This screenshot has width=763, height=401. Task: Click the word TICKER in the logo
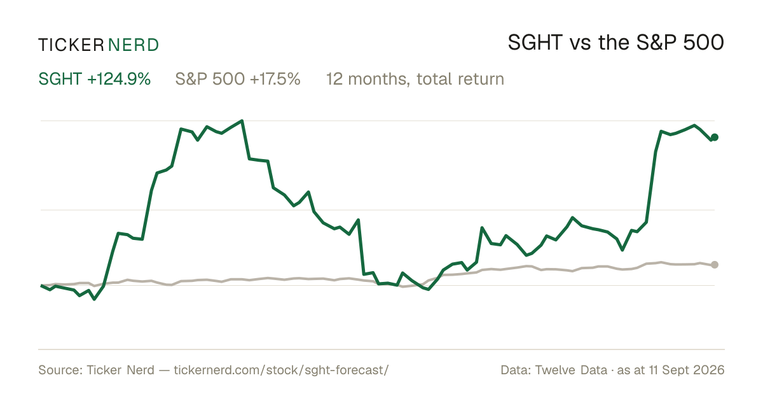[x=71, y=45]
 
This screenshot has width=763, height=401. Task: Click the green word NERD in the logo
[x=133, y=45]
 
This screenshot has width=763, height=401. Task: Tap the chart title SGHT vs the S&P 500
[x=616, y=43]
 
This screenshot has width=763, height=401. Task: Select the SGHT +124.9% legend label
[x=94, y=79]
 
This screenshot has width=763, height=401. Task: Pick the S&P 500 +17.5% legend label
[x=238, y=79]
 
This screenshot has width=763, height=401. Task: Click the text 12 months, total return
[x=415, y=79]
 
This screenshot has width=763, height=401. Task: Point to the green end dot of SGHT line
[x=715, y=137]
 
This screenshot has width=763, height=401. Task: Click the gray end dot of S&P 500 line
[x=715, y=265]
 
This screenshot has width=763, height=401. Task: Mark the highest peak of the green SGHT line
[x=242, y=120]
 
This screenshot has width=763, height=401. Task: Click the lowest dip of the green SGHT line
[x=94, y=299]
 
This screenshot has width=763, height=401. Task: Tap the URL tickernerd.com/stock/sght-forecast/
[x=281, y=370]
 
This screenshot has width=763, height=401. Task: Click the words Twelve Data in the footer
[x=571, y=370]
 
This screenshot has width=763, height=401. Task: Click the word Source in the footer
[x=60, y=370]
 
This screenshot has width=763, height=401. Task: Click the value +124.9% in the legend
[x=119, y=79]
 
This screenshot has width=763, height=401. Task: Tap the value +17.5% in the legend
[x=275, y=79]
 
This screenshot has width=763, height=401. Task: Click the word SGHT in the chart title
[x=535, y=43]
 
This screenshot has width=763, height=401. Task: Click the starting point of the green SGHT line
[x=41, y=285]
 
